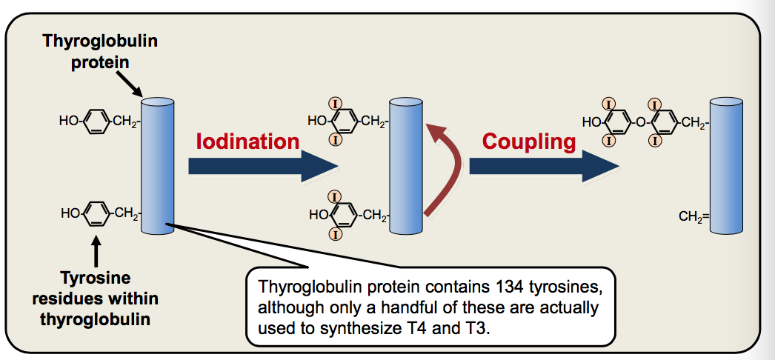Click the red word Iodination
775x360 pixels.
click(x=247, y=141)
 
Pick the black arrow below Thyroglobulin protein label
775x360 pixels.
click(x=133, y=84)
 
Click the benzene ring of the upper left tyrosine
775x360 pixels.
click(x=96, y=121)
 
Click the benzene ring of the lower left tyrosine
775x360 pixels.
click(x=96, y=215)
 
